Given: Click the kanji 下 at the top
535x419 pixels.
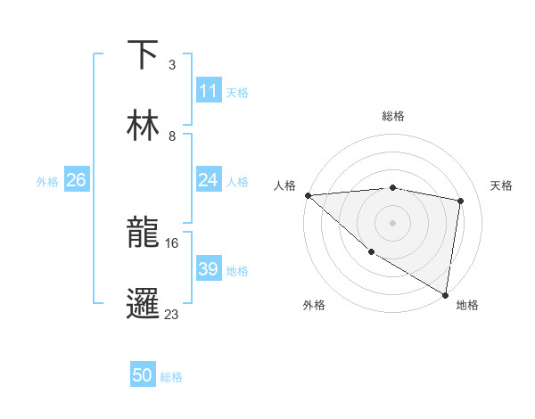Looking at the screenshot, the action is point(144,55).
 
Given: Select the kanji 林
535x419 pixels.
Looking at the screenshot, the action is point(144,126).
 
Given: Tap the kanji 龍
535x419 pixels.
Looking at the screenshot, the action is point(144,233).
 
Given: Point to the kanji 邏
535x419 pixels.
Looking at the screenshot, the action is point(144,303).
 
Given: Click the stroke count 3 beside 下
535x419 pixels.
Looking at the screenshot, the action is point(171,65).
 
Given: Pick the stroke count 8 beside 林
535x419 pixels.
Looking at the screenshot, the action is point(171,136).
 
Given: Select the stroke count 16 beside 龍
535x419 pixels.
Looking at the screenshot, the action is point(173,242).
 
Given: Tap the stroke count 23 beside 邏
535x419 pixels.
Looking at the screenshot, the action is point(172,314).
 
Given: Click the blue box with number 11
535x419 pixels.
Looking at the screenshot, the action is point(208,91).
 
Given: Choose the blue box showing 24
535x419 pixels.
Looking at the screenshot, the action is point(208,180).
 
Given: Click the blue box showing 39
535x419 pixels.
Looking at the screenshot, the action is point(208,269).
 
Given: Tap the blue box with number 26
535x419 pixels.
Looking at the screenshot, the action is point(76,180).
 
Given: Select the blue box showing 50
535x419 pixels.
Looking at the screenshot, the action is point(143,376).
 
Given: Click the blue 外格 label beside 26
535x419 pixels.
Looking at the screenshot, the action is point(47,181).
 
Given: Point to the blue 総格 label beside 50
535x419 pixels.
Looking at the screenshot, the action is point(171,377).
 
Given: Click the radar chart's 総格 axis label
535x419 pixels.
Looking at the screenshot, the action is point(392,116).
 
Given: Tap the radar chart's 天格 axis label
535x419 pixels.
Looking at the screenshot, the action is point(502,185).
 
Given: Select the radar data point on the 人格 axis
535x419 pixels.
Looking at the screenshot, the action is point(308,195).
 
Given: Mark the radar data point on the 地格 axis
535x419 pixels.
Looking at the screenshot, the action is point(445,294).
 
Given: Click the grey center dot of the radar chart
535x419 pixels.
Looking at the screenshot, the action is point(392,223).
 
